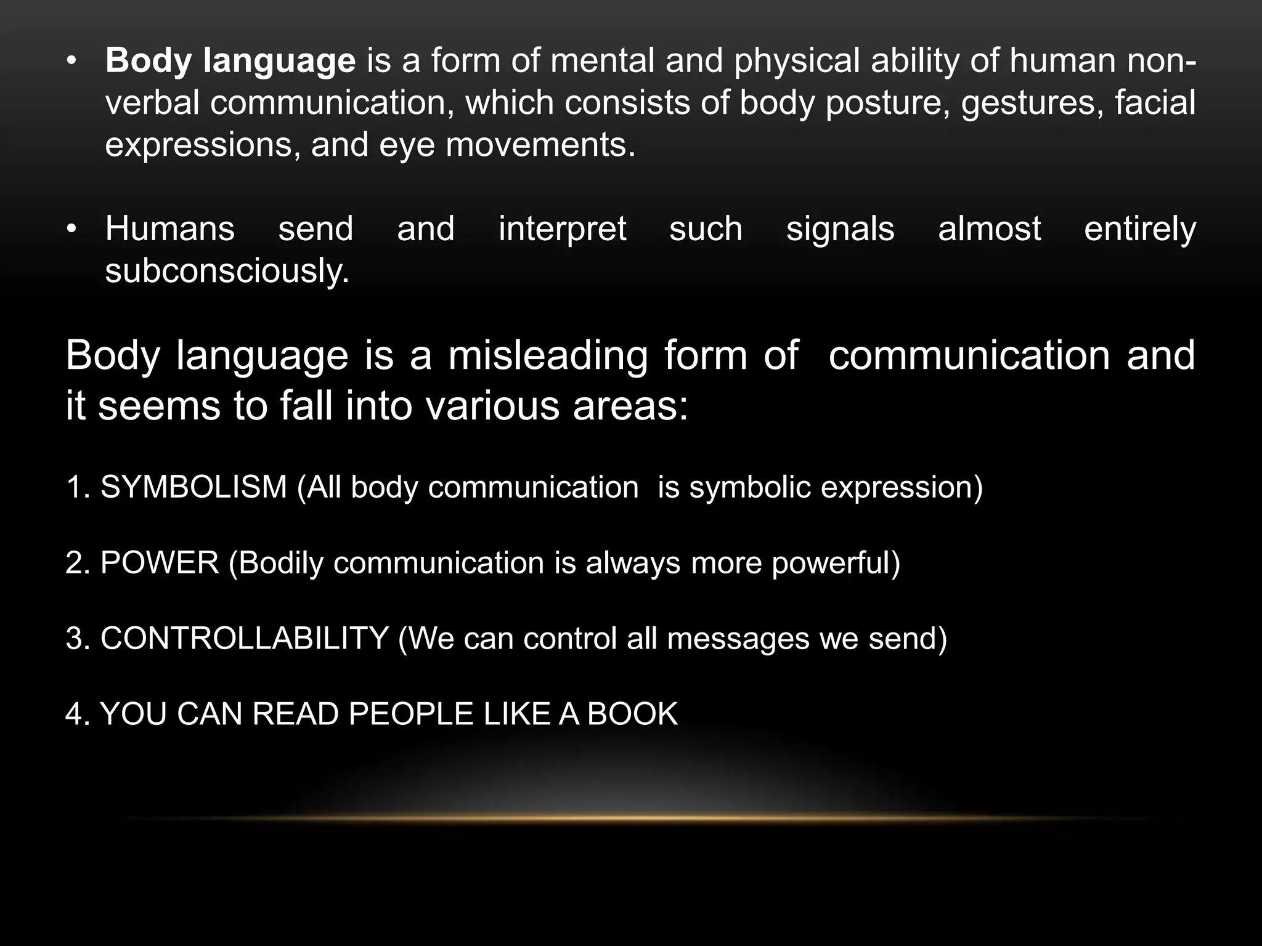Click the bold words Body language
click(x=230, y=62)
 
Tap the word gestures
click(x=1032, y=103)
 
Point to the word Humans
click(x=170, y=229)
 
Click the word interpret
click(x=562, y=229)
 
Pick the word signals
click(x=840, y=229)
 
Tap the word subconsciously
click(x=227, y=271)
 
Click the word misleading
click(x=548, y=356)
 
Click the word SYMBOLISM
click(x=193, y=487)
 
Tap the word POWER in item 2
click(x=160, y=563)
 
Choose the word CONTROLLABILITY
click(x=244, y=639)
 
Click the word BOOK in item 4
click(x=632, y=714)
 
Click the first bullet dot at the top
click(x=72, y=62)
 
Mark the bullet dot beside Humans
click(x=72, y=229)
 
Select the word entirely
click(x=1140, y=229)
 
